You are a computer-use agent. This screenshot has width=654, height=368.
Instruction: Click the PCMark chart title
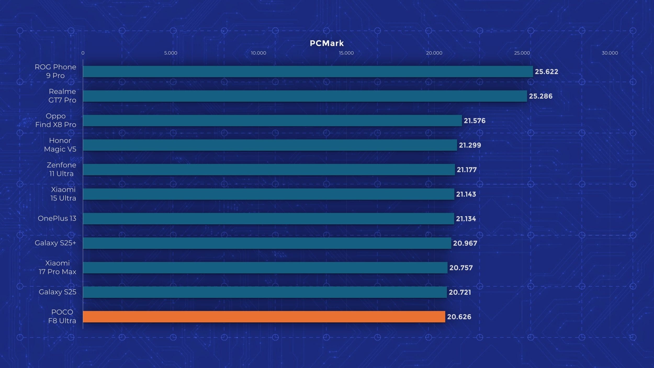coord(327,43)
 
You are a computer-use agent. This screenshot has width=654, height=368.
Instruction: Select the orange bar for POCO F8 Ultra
coord(264,317)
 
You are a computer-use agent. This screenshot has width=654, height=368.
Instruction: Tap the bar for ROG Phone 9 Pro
coord(308,71)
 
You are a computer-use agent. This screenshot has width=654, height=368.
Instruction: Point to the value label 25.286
coord(540,96)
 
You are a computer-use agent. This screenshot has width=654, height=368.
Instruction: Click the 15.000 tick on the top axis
coord(346,53)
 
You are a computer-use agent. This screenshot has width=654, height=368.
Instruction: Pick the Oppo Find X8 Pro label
coord(56,120)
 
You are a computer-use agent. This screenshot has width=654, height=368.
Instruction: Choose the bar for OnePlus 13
coord(268,219)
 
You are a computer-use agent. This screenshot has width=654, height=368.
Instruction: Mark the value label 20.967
coord(465,243)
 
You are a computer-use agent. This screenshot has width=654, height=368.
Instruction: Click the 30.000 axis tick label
coord(610,53)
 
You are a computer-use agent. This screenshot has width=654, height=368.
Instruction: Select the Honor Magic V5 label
coord(60,145)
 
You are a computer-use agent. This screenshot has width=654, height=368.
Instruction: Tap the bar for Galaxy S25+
coord(267,243)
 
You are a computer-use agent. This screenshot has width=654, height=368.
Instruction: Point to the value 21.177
coord(466,170)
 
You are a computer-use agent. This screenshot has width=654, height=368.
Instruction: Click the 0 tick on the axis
coord(83,53)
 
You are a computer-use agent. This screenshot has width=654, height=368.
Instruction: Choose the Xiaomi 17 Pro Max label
coord(58,267)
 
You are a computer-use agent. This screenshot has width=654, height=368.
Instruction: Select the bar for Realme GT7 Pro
coord(305,96)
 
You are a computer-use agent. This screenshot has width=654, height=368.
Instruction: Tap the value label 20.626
coord(459,317)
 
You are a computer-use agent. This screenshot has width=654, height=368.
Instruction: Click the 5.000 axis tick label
coord(171,53)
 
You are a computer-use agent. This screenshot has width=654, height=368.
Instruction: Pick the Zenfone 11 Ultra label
coord(61,169)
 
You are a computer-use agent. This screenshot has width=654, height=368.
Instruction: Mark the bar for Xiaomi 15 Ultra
coord(268,194)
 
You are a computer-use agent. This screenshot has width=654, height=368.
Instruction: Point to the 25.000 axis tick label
coord(522,53)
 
